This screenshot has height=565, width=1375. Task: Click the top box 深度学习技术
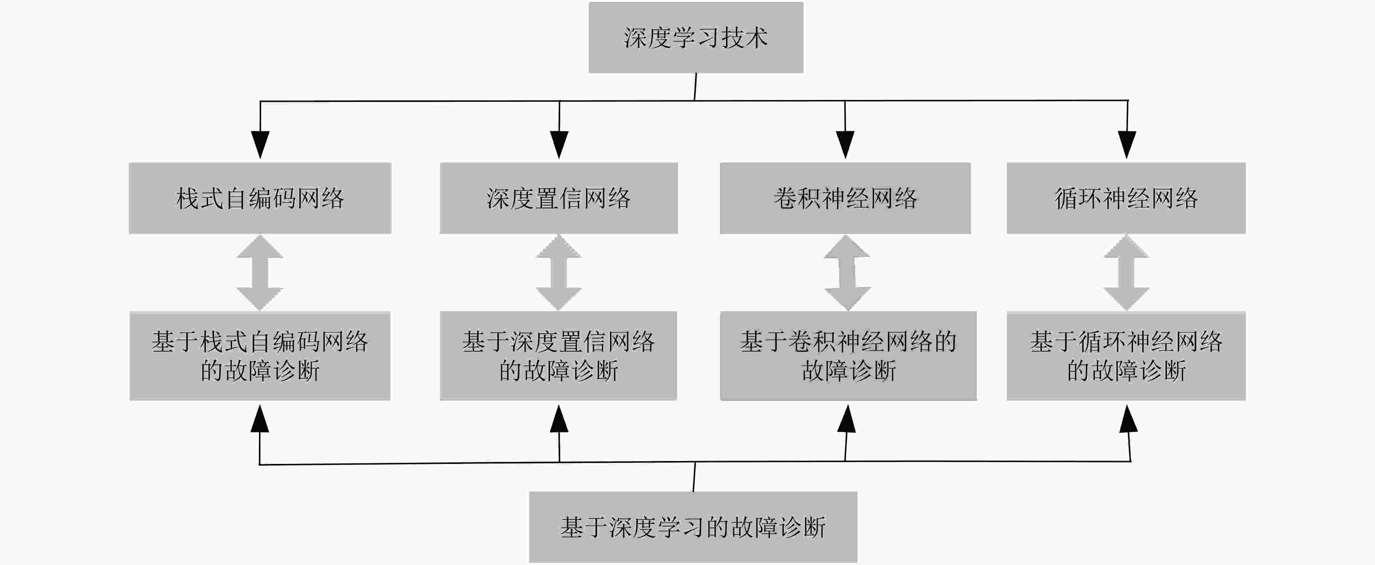696,37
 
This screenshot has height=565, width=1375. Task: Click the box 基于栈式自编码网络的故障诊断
260,356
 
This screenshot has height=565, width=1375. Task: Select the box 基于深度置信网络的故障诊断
558,356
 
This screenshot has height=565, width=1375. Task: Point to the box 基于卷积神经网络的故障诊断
848,356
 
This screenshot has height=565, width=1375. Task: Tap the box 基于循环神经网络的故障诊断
1126,356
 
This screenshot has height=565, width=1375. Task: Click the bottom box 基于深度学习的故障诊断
693,526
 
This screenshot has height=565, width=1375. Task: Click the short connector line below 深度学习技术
696,87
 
